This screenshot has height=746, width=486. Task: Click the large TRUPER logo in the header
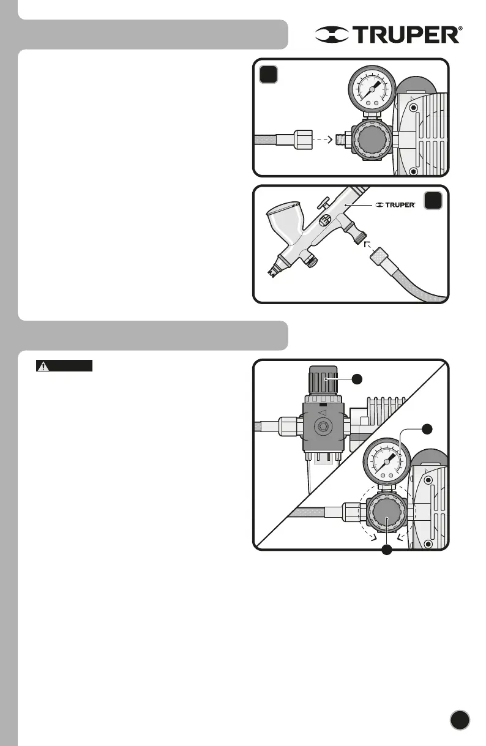[x=389, y=35]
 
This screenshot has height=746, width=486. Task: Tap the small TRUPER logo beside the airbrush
[x=395, y=204]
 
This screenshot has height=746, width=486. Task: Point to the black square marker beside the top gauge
[x=269, y=75]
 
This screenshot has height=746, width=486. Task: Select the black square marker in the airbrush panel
[x=433, y=201]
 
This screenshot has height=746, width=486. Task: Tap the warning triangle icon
[x=43, y=367]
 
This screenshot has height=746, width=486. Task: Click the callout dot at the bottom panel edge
[x=386, y=550]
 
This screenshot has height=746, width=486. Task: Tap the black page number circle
[x=460, y=720]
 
